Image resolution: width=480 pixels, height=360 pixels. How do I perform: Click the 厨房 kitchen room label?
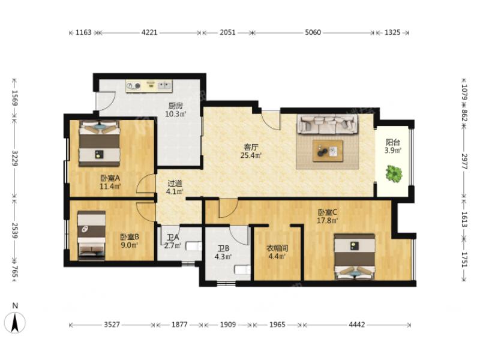[x=176, y=106]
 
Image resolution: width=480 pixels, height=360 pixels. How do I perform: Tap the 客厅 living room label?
[x=251, y=147]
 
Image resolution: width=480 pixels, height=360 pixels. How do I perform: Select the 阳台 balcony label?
[x=393, y=142]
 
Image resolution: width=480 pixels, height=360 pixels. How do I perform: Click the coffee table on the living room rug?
[x=328, y=151]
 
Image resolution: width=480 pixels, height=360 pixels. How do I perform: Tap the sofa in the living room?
[x=328, y=125]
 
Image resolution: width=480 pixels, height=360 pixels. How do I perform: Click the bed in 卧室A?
[x=99, y=143]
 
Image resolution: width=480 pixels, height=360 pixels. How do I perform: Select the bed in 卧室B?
[x=92, y=235]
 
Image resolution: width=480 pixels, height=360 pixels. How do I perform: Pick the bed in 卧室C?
[x=355, y=257]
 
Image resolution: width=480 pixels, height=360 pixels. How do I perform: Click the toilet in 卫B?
[x=242, y=269]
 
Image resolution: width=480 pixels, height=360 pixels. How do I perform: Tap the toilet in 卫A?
[x=194, y=246]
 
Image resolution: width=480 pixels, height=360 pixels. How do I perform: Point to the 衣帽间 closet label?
[x=277, y=248]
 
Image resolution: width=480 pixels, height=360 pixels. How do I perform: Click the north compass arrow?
[x=14, y=323]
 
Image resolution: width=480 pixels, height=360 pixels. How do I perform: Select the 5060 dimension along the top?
[x=313, y=32]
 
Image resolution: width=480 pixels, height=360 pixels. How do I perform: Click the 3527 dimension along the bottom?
[x=112, y=325]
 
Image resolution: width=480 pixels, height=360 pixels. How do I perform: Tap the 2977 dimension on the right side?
[x=464, y=161]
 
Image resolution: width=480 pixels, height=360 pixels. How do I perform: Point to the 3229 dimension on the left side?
[x=14, y=158]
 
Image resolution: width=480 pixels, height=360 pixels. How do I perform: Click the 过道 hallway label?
[x=175, y=184]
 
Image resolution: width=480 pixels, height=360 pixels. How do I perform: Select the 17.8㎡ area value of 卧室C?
[x=327, y=220]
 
